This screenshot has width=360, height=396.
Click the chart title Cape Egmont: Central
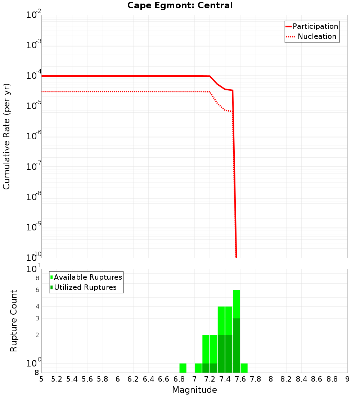pyautogui.click(x=180, y=5)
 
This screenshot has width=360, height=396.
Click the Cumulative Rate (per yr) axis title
pyautogui.click(x=6, y=136)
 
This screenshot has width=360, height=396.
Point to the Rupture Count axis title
pyautogui.click(x=14, y=321)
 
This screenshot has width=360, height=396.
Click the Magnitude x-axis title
pyautogui.click(x=194, y=390)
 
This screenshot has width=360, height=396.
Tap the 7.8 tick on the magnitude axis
pyautogui.click(x=256, y=379)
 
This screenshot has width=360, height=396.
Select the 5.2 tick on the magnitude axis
pyautogui.click(x=57, y=379)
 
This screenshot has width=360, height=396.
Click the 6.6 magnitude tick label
pyautogui.click(x=164, y=379)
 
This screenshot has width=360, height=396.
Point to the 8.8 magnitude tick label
pyautogui.click(x=332, y=379)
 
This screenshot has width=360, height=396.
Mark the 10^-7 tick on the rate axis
pyautogui.click(x=35, y=166)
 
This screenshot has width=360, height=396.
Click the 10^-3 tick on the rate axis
pyautogui.click(x=35, y=45)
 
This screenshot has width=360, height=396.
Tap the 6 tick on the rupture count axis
pyautogui.click(x=37, y=290)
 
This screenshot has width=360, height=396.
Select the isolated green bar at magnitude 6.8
pyautogui.click(x=183, y=368)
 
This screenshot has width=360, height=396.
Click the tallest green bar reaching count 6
pyautogui.click(x=237, y=331)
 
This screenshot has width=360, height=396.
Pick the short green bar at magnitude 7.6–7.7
pyautogui.click(x=244, y=368)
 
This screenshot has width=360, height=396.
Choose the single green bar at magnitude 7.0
pyautogui.click(x=198, y=368)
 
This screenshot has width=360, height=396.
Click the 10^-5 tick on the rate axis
pyautogui.click(x=35, y=105)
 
